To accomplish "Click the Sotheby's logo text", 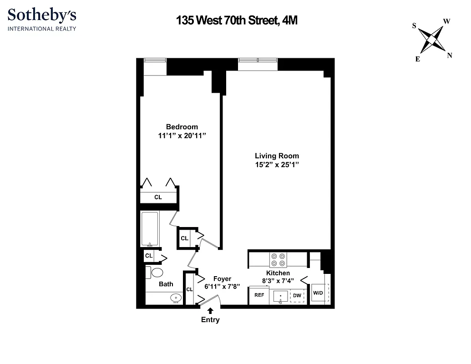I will coord(42,15).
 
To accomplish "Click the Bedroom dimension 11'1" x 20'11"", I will coord(182,136).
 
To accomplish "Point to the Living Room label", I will coord(277,156).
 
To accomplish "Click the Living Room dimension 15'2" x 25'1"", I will coord(277,165).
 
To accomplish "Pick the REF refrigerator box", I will coord(259,295).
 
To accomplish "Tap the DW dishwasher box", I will coord(297,296).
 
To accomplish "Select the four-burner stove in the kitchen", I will coord(278,259).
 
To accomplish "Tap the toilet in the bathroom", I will coord(156,273).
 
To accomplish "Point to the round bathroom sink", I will coord(176,298).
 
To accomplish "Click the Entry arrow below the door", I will coord(210,311).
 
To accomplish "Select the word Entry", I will coord(210,320).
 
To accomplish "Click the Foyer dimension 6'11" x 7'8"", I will coord(222,287).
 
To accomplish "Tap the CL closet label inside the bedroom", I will coord(158,197).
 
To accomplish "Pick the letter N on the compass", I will coord(450,56).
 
